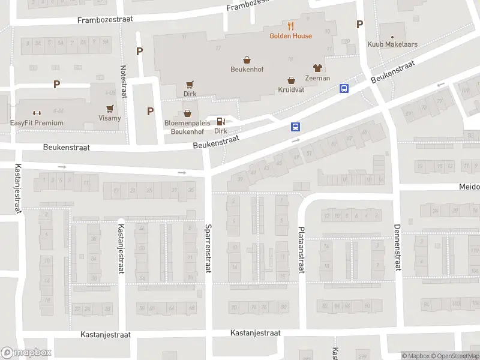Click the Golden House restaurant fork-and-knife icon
[290, 26]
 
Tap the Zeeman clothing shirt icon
[317, 68]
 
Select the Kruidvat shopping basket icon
[292, 80]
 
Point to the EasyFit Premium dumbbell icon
[37, 113]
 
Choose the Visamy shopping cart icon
[110, 108]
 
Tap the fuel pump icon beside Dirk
[221, 121]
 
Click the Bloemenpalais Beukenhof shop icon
[187, 113]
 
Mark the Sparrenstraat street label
[208, 248]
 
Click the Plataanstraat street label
[301, 249]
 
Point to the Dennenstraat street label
[397, 247]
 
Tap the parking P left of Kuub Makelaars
[359, 25]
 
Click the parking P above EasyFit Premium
[56, 85]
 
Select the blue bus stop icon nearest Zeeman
[344, 88]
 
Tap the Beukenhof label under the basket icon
[247, 69]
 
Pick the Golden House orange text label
[290, 36]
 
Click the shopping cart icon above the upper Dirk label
[190, 84]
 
